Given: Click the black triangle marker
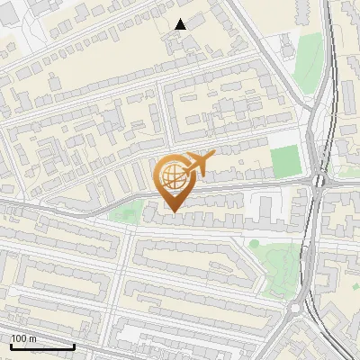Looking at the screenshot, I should pyautogui.click(x=180, y=24).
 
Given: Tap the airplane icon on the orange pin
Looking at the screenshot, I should pyautogui.click(x=199, y=163).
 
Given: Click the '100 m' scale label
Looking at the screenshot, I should pyautogui.click(x=23, y=338).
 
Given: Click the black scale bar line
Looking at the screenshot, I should pyautogui.click(x=42, y=346).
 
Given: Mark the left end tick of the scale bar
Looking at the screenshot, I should pyautogui.click(x=11, y=345).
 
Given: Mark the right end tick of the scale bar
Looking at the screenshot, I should pyautogui.click(x=74, y=345).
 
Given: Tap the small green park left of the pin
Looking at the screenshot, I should pyautogui.click(x=126, y=214).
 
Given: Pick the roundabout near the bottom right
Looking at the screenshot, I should pyautogui.click(x=295, y=310).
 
